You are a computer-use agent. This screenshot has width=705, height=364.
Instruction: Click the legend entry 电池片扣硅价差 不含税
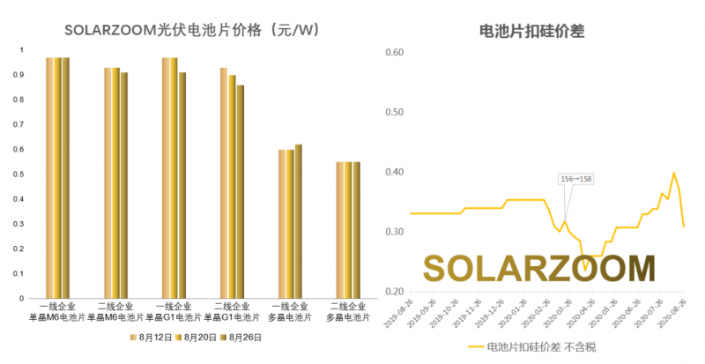529,347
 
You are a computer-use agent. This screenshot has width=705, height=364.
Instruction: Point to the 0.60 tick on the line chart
394,53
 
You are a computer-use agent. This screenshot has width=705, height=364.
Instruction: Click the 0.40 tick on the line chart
394,172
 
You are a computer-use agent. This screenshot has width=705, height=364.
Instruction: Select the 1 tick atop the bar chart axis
23,49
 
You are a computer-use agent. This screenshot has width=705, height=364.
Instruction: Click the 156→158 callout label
576,179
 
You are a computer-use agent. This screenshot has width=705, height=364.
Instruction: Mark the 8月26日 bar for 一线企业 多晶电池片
298,221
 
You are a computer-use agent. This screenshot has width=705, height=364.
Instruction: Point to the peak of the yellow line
674,173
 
